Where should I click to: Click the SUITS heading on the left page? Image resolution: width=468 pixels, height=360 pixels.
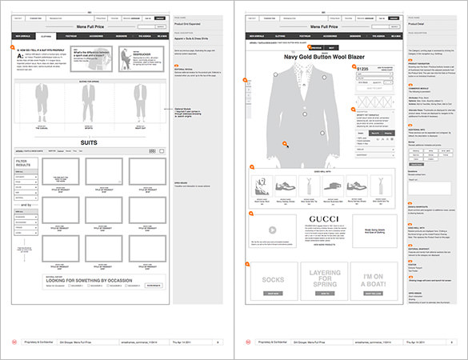click(x=90, y=142)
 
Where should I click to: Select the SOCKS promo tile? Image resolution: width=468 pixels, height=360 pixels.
click(x=272, y=280)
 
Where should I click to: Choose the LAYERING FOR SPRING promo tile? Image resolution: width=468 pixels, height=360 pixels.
click(x=324, y=280)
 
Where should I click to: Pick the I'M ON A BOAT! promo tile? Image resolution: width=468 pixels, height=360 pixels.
click(x=374, y=280)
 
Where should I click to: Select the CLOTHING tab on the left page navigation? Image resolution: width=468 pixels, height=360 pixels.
click(x=46, y=36)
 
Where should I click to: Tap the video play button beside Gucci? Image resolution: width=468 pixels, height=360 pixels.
click(x=272, y=230)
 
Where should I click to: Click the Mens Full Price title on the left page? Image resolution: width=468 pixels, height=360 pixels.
click(x=90, y=26)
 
